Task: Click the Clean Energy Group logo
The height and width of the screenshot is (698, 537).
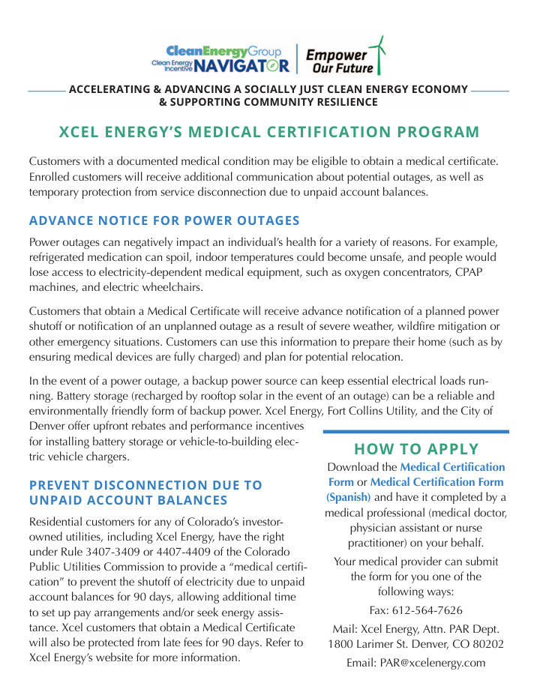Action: [223, 51]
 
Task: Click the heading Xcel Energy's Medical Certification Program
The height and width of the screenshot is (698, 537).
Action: [268, 133]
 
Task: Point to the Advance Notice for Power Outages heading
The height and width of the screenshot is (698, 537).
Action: [164, 220]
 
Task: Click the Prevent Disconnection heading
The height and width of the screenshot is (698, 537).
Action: [145, 493]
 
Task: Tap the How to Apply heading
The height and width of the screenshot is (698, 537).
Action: [415, 449]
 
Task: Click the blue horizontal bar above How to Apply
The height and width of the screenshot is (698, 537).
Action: [415, 432]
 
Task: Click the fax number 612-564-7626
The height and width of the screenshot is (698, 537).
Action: [428, 610]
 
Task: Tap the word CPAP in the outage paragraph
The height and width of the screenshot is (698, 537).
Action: [469, 272]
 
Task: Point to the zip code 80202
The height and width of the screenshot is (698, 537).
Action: [485, 644]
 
